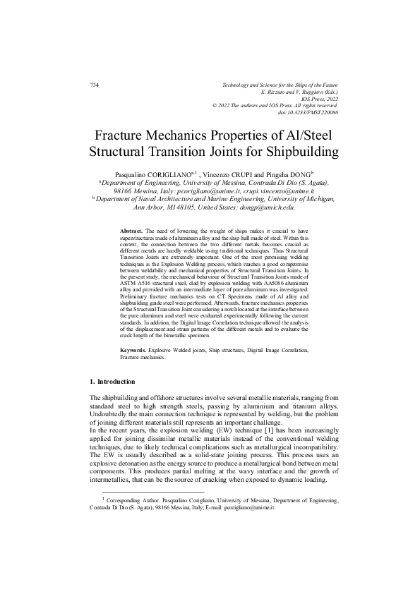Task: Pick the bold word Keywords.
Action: pyautogui.click(x=133, y=350)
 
